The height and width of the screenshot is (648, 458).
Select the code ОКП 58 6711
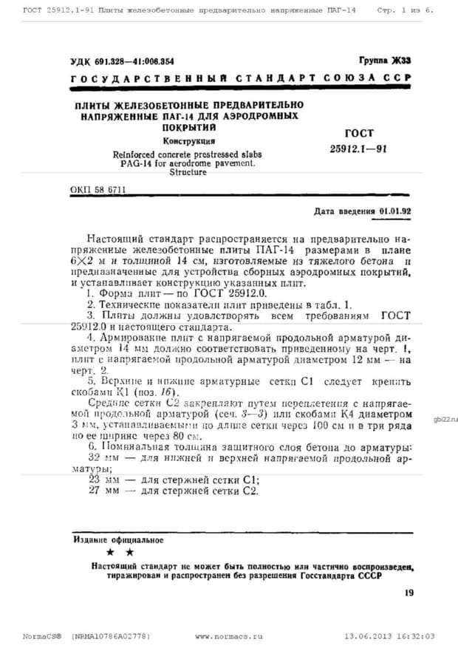[98, 191]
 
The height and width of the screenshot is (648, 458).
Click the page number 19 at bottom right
[409, 592]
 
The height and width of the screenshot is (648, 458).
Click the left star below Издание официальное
[110, 553]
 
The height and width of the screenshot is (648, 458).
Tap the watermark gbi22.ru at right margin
[446, 419]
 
